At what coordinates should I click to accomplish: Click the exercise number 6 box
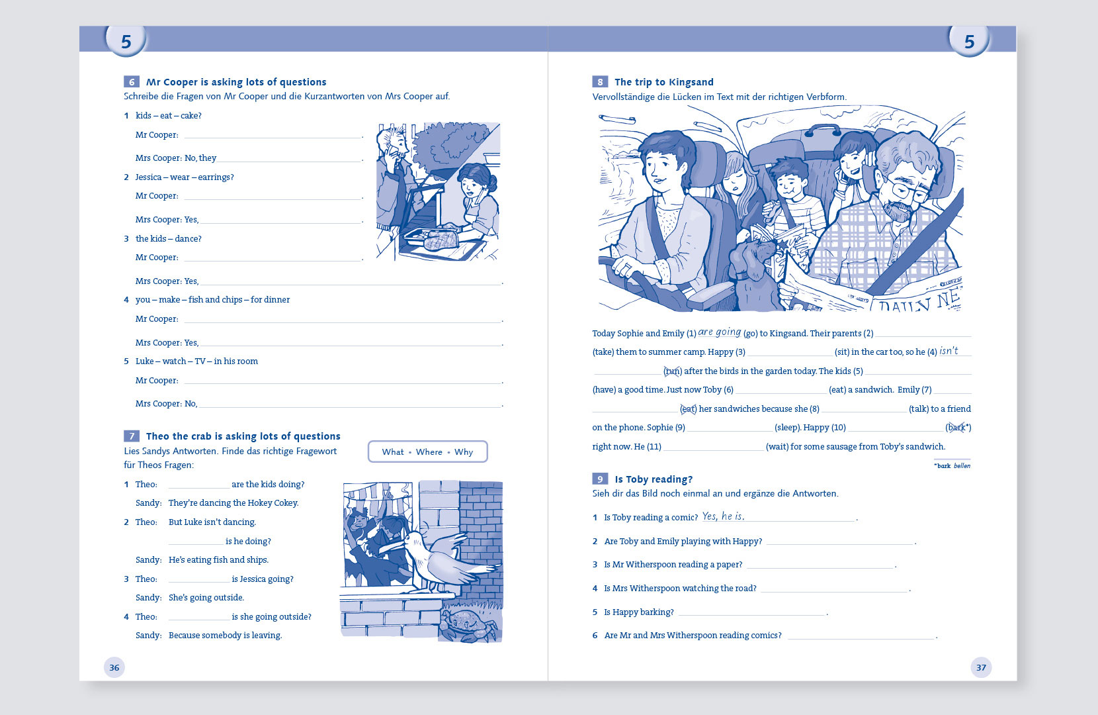132,81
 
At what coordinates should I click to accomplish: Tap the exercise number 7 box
132,436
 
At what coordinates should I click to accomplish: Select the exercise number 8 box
600,81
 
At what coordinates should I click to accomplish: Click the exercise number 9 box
600,479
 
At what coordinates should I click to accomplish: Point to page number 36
114,667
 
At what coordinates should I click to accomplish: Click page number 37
981,667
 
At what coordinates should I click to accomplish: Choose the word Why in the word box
463,452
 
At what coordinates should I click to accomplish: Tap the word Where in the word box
429,452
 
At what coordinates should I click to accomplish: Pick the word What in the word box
393,452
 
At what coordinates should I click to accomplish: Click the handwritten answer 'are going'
720,332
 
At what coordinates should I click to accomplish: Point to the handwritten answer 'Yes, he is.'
723,516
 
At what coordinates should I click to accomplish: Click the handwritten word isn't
949,350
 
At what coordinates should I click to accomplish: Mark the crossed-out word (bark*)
958,428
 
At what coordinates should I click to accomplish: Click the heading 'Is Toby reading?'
654,479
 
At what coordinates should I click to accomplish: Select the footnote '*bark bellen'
952,465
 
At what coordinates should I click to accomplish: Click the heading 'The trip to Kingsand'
664,82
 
